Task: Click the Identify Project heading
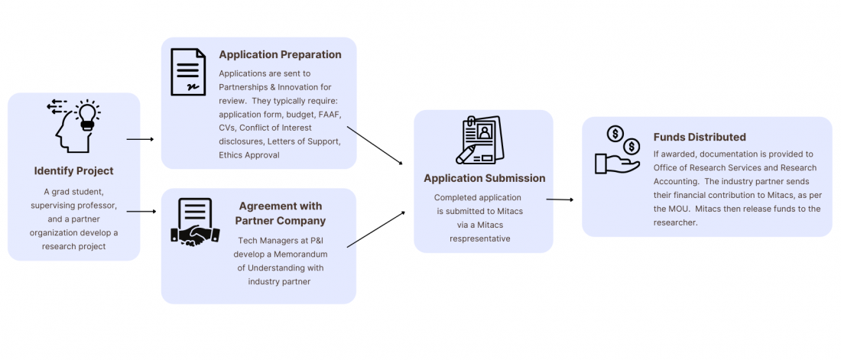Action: [73, 170]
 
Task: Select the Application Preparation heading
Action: [280, 54]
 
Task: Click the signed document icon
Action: [188, 73]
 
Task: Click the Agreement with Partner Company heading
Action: [280, 213]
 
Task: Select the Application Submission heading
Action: [485, 178]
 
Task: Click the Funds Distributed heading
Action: [699, 138]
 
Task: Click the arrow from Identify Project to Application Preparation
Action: [140, 139]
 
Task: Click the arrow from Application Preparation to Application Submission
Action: [375, 144]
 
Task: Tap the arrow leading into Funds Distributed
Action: [560, 199]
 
